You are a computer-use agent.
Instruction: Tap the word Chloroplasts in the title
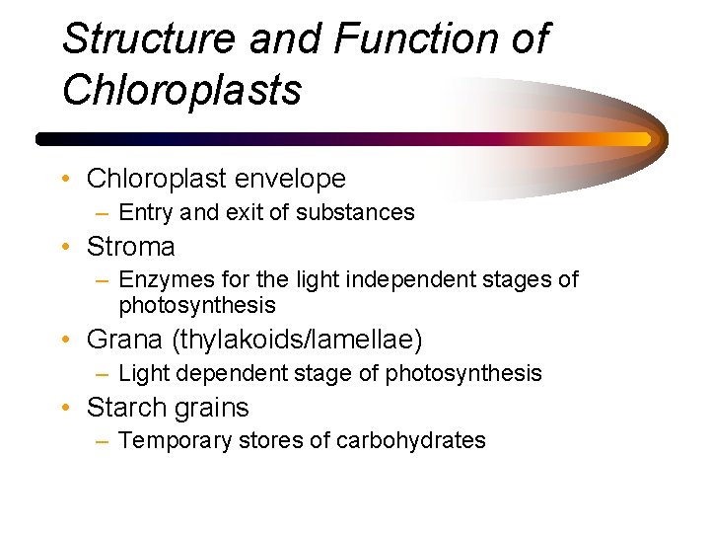[181, 90]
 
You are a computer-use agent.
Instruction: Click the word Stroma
[131, 246]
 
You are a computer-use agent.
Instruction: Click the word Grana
[125, 341]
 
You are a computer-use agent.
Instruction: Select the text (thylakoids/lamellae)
[297, 341]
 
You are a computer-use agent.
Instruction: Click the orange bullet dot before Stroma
[65, 247]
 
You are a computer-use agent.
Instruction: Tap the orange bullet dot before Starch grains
[65, 409]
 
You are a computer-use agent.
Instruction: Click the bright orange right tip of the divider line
[645, 139]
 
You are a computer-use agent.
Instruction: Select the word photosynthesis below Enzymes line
[197, 305]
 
